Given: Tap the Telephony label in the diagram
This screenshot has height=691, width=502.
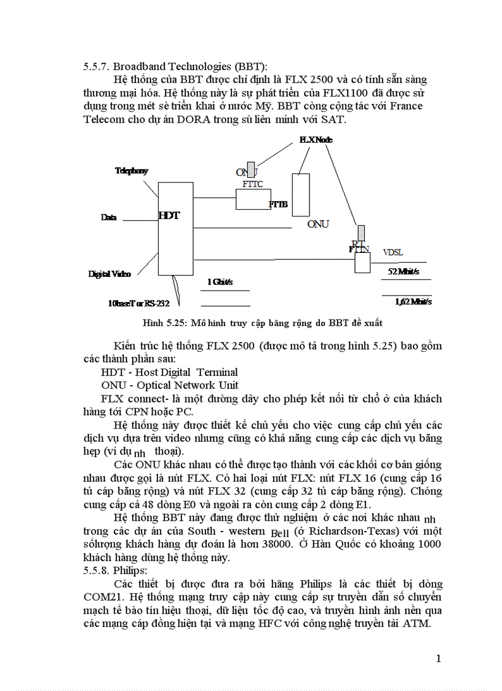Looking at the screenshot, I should pos(131,171).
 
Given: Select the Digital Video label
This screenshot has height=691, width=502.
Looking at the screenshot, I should pos(110,274).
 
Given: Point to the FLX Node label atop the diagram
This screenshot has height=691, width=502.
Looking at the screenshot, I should pos(316,140).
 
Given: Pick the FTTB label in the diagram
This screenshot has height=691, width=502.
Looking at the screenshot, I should pos(278,204).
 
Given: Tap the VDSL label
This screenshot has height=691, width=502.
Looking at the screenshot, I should pos(393,252).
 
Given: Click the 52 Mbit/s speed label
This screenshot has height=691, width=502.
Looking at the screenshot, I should pos(404,271).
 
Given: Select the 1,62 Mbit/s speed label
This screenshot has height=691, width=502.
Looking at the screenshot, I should pos(413,302).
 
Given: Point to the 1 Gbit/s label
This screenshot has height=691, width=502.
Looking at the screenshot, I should pos(220,282).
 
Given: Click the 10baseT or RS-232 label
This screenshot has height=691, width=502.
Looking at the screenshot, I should pos(138,303).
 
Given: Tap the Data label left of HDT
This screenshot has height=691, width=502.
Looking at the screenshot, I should pos(109,217).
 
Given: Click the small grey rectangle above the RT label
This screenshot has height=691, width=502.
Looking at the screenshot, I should pos(361,233).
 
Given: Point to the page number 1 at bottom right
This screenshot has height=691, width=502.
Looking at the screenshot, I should pos(439,659).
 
